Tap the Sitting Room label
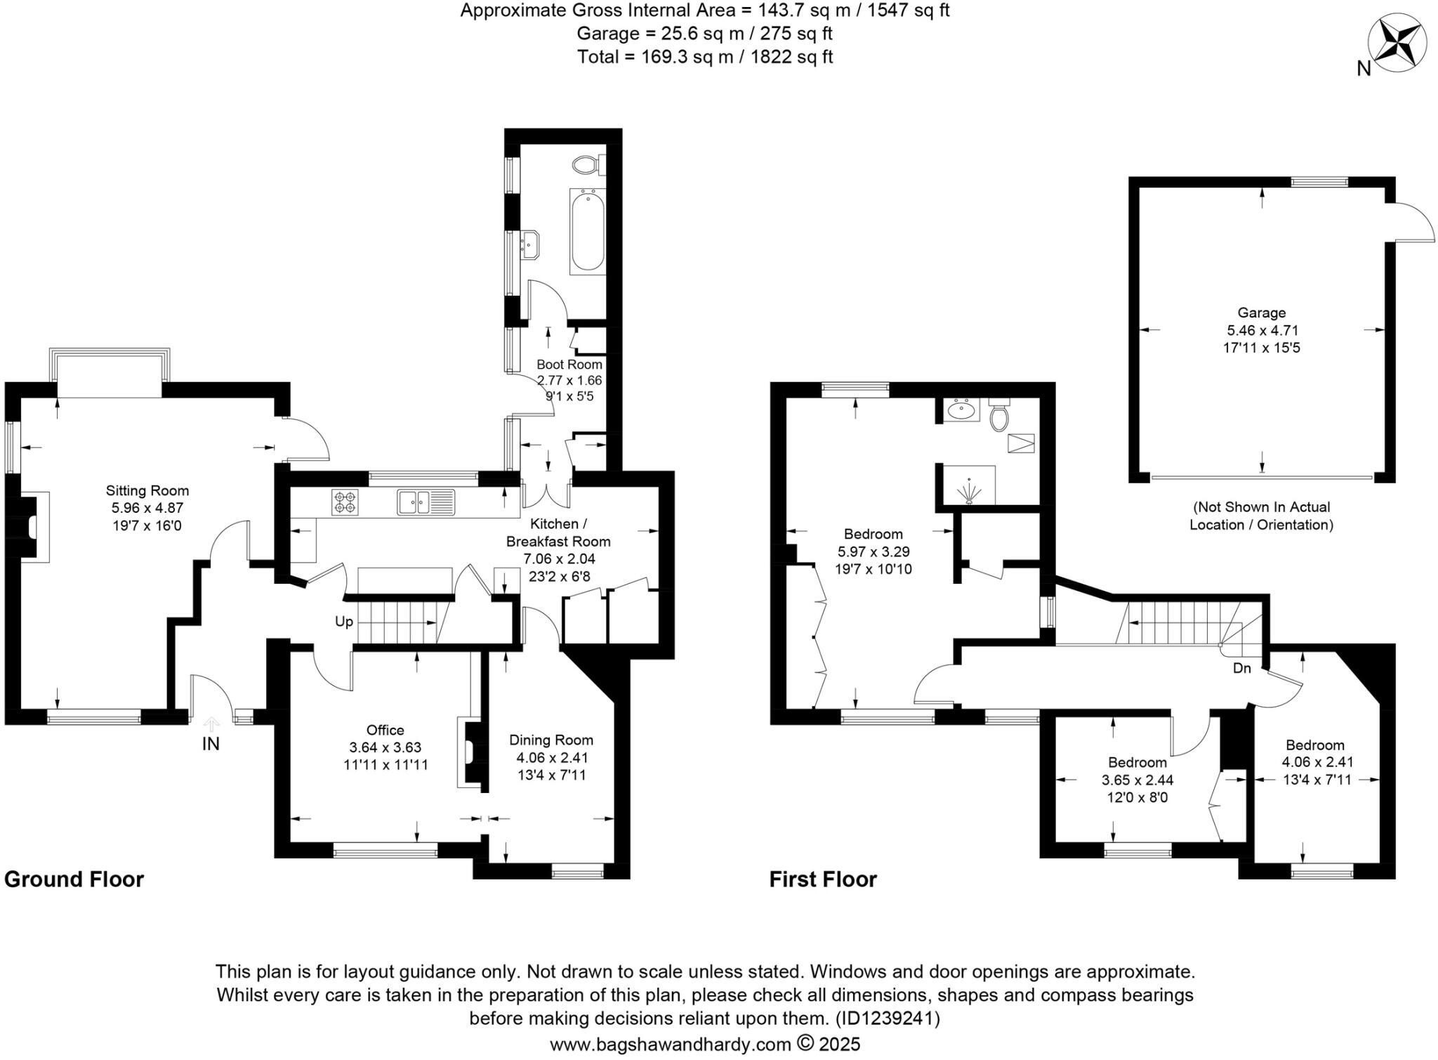click(147, 490)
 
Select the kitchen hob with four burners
click(345, 502)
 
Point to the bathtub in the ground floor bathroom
click(587, 230)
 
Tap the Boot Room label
click(569, 365)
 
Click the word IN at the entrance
click(211, 743)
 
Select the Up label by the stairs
click(344, 622)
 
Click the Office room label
click(385, 730)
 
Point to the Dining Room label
click(551, 740)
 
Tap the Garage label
click(1262, 313)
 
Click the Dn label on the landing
click(1242, 668)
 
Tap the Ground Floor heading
click(74, 879)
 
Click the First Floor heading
click(823, 879)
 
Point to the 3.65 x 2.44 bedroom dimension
click(1137, 780)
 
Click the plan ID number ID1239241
click(887, 1018)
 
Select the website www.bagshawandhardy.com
click(671, 1045)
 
